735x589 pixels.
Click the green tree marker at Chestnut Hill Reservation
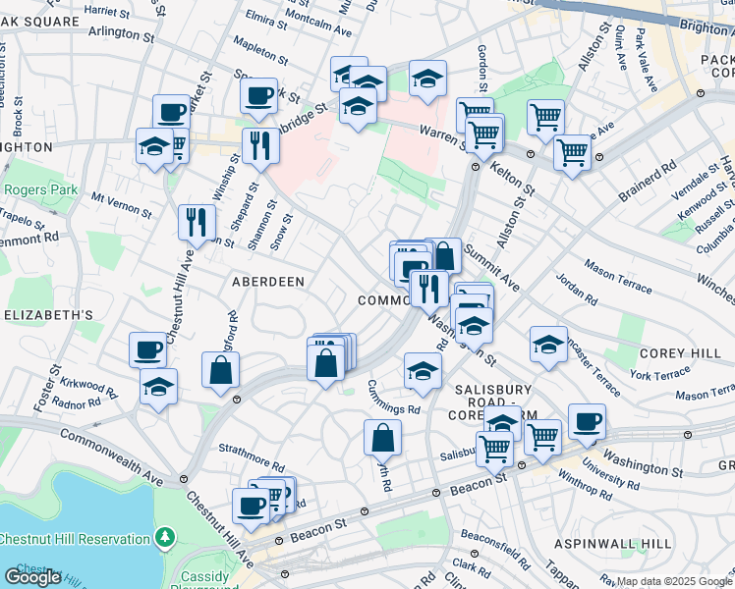tap(165, 538)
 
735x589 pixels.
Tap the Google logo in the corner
tap(32, 577)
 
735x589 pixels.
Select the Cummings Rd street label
tap(394, 396)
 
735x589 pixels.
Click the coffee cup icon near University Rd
tap(587, 420)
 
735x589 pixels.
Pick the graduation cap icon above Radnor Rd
tap(158, 385)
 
